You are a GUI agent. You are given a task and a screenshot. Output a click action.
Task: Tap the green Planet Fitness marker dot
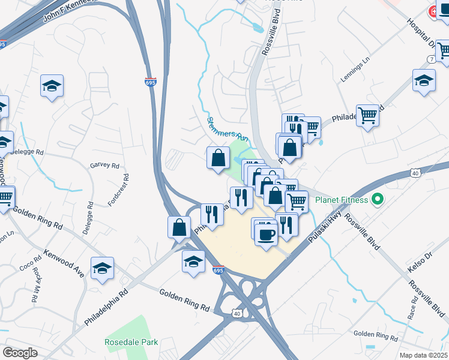378,199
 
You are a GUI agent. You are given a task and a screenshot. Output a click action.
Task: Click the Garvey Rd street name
104,166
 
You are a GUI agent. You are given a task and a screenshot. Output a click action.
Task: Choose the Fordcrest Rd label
126,190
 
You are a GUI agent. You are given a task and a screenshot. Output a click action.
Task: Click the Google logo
20,353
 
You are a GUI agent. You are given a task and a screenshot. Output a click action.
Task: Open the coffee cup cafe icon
266,234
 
